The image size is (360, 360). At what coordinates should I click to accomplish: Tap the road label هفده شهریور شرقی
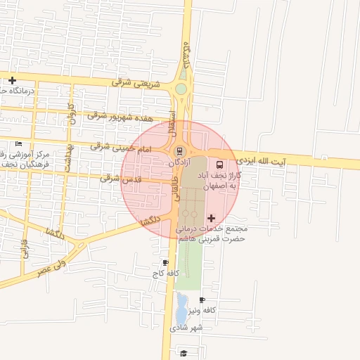pos(116,115)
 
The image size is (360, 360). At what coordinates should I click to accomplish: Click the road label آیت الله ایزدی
pos(262,160)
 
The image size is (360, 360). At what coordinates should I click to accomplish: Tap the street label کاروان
pos(70,113)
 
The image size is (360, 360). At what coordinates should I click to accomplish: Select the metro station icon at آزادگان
pos(179,150)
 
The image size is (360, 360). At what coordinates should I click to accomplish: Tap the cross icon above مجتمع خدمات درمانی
pos(212,219)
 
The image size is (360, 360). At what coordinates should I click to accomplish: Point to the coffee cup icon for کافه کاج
pos(165,262)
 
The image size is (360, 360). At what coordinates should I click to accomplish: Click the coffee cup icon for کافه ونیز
pos(202,300)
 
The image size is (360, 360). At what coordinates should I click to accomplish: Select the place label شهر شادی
pos(186,328)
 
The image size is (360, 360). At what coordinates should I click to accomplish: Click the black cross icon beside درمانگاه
pos(12,80)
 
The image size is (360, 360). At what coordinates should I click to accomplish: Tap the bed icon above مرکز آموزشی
pos(19,144)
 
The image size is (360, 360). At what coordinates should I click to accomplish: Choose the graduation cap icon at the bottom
pos(184,353)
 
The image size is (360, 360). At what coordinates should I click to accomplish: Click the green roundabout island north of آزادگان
pos(181,89)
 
